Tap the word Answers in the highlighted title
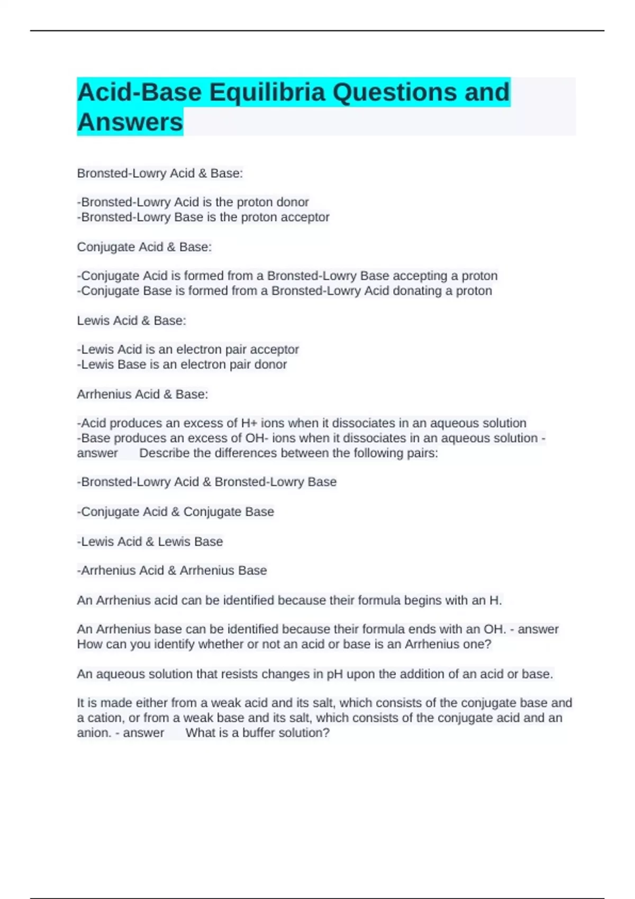pyautogui.click(x=130, y=122)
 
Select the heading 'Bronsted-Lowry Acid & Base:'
pyautogui.click(x=160, y=173)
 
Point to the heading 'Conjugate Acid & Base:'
pyautogui.click(x=144, y=247)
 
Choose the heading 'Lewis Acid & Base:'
pyautogui.click(x=131, y=320)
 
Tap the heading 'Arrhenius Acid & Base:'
pyautogui.click(x=142, y=394)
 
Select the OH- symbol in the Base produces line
pyautogui.click(x=257, y=438)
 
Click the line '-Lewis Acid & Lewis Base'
pyautogui.click(x=150, y=542)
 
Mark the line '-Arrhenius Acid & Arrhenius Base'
pyautogui.click(x=172, y=571)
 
